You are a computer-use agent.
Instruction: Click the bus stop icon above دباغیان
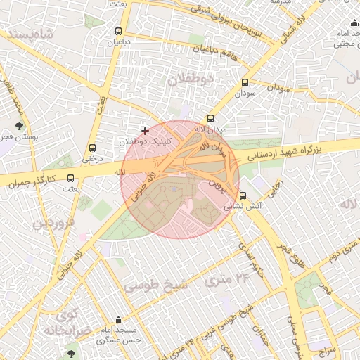tap(118, 31)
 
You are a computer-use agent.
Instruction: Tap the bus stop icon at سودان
tap(245, 82)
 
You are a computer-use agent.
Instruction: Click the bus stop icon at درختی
tap(93, 148)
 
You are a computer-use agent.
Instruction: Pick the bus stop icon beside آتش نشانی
tap(243, 195)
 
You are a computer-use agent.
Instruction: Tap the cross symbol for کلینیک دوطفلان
tap(146, 131)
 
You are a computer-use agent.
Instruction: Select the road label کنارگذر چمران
tap(31, 181)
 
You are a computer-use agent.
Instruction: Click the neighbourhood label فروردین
tap(51, 224)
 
